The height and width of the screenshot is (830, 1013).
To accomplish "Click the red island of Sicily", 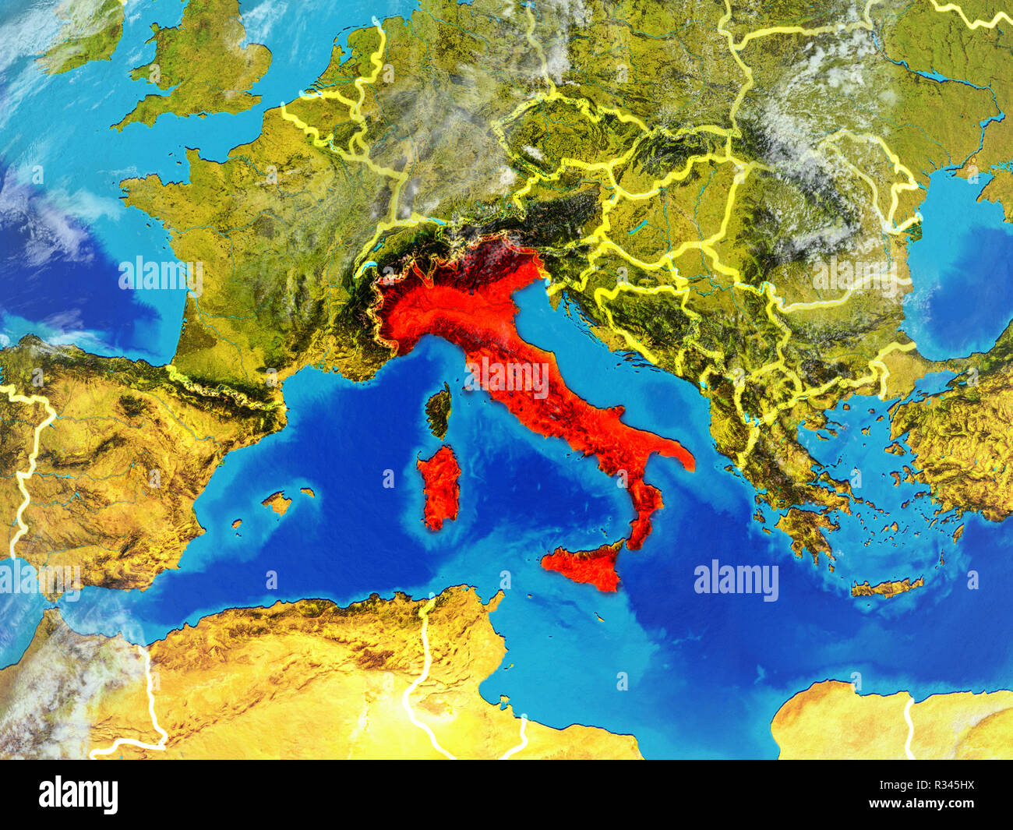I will [x=586, y=567].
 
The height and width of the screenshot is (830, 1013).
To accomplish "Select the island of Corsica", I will [x=439, y=408].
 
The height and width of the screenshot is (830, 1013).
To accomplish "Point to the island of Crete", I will [x=886, y=586].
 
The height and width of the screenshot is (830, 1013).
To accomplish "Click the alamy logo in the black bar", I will [x=79, y=795].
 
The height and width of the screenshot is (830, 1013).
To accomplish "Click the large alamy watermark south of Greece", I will [x=736, y=581].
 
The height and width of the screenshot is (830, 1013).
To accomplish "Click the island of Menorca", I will [x=308, y=493].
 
